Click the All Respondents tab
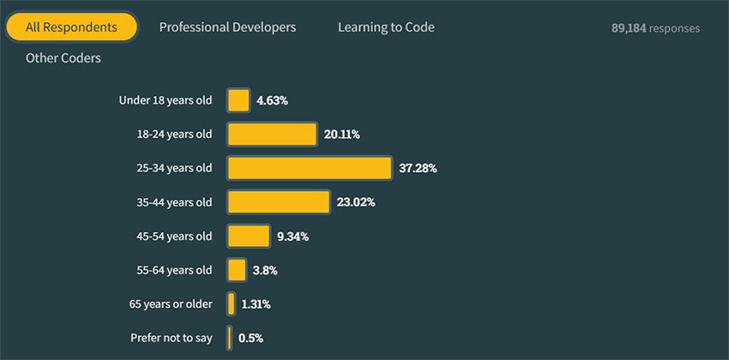[x=71, y=27]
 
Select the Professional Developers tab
[x=227, y=27]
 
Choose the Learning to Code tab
[x=386, y=27]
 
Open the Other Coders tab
[x=63, y=58]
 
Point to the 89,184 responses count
[x=655, y=28]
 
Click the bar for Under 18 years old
[x=238, y=100]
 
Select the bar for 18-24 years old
[x=272, y=135]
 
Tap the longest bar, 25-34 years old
[x=310, y=168]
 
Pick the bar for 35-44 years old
[x=279, y=202]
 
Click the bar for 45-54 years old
[x=249, y=236]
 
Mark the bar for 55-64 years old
[x=237, y=270]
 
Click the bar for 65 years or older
[x=232, y=303]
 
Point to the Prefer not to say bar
[x=230, y=338]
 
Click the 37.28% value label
[x=418, y=169]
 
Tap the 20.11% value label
[x=342, y=135]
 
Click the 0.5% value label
[x=250, y=338]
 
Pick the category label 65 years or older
[x=171, y=303]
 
